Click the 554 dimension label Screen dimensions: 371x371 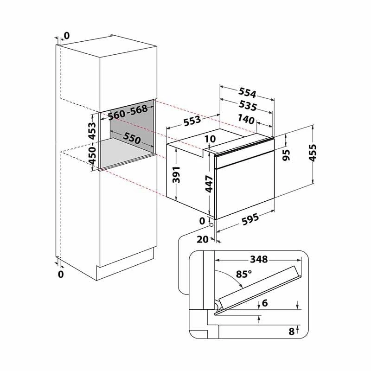click(x=247, y=92)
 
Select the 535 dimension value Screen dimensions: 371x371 click(x=248, y=106)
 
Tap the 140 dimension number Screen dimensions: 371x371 click(x=246, y=119)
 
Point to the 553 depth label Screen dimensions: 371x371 click(x=192, y=121)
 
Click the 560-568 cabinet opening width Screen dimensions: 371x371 click(x=128, y=112)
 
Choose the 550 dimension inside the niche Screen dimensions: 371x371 click(x=132, y=138)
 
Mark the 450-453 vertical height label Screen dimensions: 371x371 click(x=92, y=143)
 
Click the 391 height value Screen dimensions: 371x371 click(x=176, y=175)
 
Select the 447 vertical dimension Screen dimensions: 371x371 click(x=209, y=184)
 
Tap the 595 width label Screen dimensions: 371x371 click(x=250, y=219)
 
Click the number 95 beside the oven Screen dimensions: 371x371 click(x=286, y=155)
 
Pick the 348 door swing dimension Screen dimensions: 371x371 click(x=259, y=259)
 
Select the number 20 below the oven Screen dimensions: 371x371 click(x=203, y=239)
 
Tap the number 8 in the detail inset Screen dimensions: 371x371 click(x=292, y=332)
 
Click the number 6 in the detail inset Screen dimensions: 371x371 click(x=265, y=303)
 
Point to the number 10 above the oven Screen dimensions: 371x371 click(x=210, y=139)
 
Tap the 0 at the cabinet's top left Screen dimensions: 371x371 click(x=67, y=36)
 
